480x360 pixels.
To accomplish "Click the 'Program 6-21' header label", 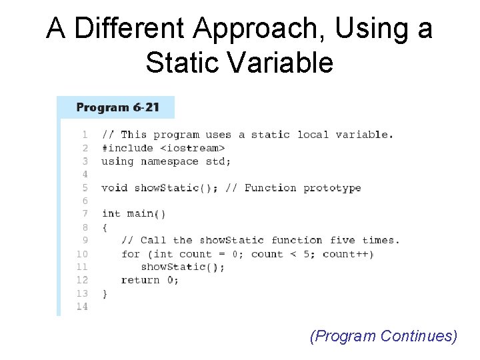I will pos(117,107).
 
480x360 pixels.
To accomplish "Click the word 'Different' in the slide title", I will pos(130,29).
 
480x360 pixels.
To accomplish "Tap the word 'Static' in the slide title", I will pos(178,63).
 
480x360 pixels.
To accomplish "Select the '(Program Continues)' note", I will pos(383,336).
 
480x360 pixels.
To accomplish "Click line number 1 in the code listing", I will pos(85,135).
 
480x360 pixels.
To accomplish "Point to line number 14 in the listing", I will pos(82,307).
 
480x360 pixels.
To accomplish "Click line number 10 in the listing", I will pos(82,254).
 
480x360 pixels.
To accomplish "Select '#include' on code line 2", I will pos(127,148).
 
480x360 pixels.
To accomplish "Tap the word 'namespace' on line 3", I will pos(169,161).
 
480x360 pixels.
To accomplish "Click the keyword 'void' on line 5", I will pos(114,188).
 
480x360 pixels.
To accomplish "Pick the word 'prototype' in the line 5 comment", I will pos(332,188).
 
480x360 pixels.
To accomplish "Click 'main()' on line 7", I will pos(146,214).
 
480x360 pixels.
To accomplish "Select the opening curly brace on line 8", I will pos(105,227).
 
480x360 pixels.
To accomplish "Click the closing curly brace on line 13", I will pos(105,293).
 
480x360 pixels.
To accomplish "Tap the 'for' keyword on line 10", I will pos(131,254).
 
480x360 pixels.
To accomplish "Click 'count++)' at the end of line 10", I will pos(348,254).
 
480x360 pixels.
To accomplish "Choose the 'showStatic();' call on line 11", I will pos(183,267).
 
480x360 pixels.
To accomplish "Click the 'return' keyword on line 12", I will pos(140,280).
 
